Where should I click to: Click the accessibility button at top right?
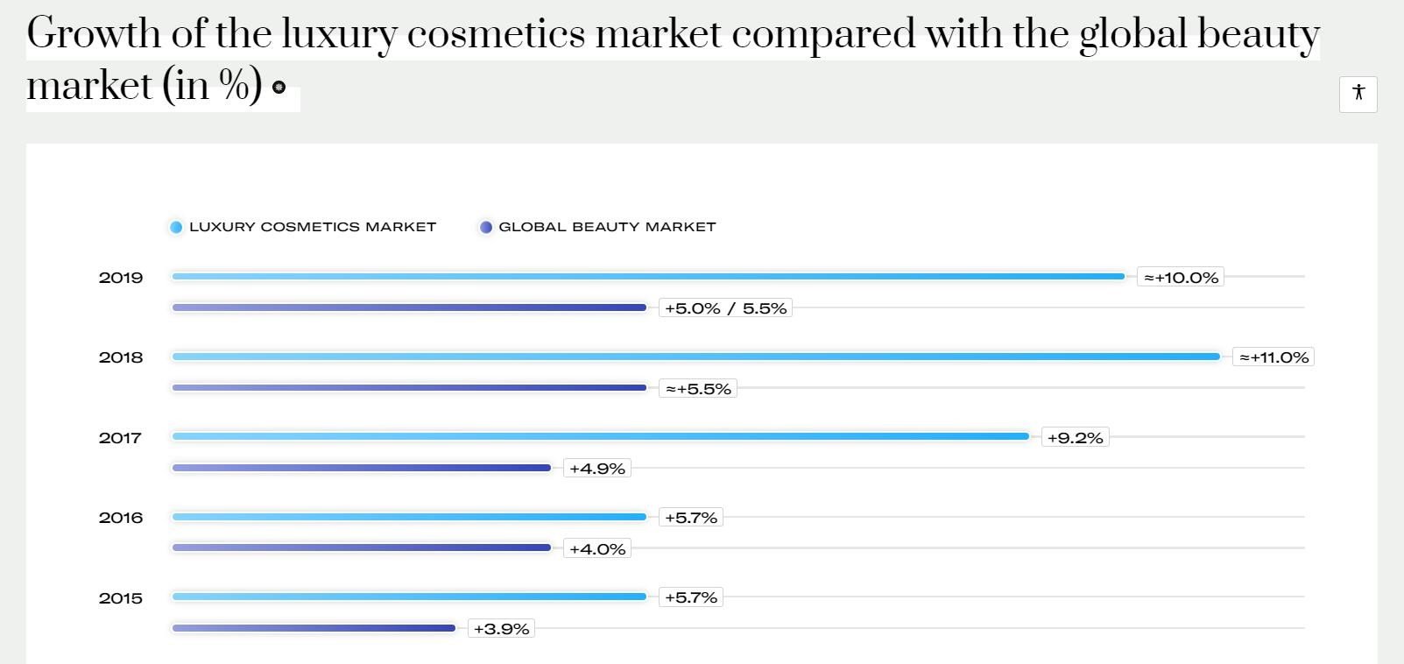(x=1358, y=94)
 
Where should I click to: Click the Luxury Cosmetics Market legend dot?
(x=176, y=227)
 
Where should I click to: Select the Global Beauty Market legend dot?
(x=486, y=227)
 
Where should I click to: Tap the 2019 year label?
(x=121, y=278)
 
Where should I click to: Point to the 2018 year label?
(x=121, y=357)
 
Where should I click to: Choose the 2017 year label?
(x=121, y=438)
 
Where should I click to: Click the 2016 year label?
(x=121, y=518)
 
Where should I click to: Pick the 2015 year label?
(x=121, y=598)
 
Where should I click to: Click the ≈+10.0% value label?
(x=1181, y=278)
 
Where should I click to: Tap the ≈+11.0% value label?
(x=1273, y=357)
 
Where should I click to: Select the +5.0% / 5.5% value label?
(x=725, y=308)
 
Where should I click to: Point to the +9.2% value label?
(x=1075, y=438)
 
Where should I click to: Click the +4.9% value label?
(x=596, y=469)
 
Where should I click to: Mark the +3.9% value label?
(x=501, y=629)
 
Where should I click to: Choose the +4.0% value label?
(x=596, y=549)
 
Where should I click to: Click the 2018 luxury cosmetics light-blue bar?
(x=695, y=357)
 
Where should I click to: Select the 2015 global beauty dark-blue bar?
(x=314, y=628)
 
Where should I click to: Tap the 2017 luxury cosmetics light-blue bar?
(x=600, y=436)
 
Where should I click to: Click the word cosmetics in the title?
(x=497, y=34)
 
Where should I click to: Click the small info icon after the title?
(x=279, y=87)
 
